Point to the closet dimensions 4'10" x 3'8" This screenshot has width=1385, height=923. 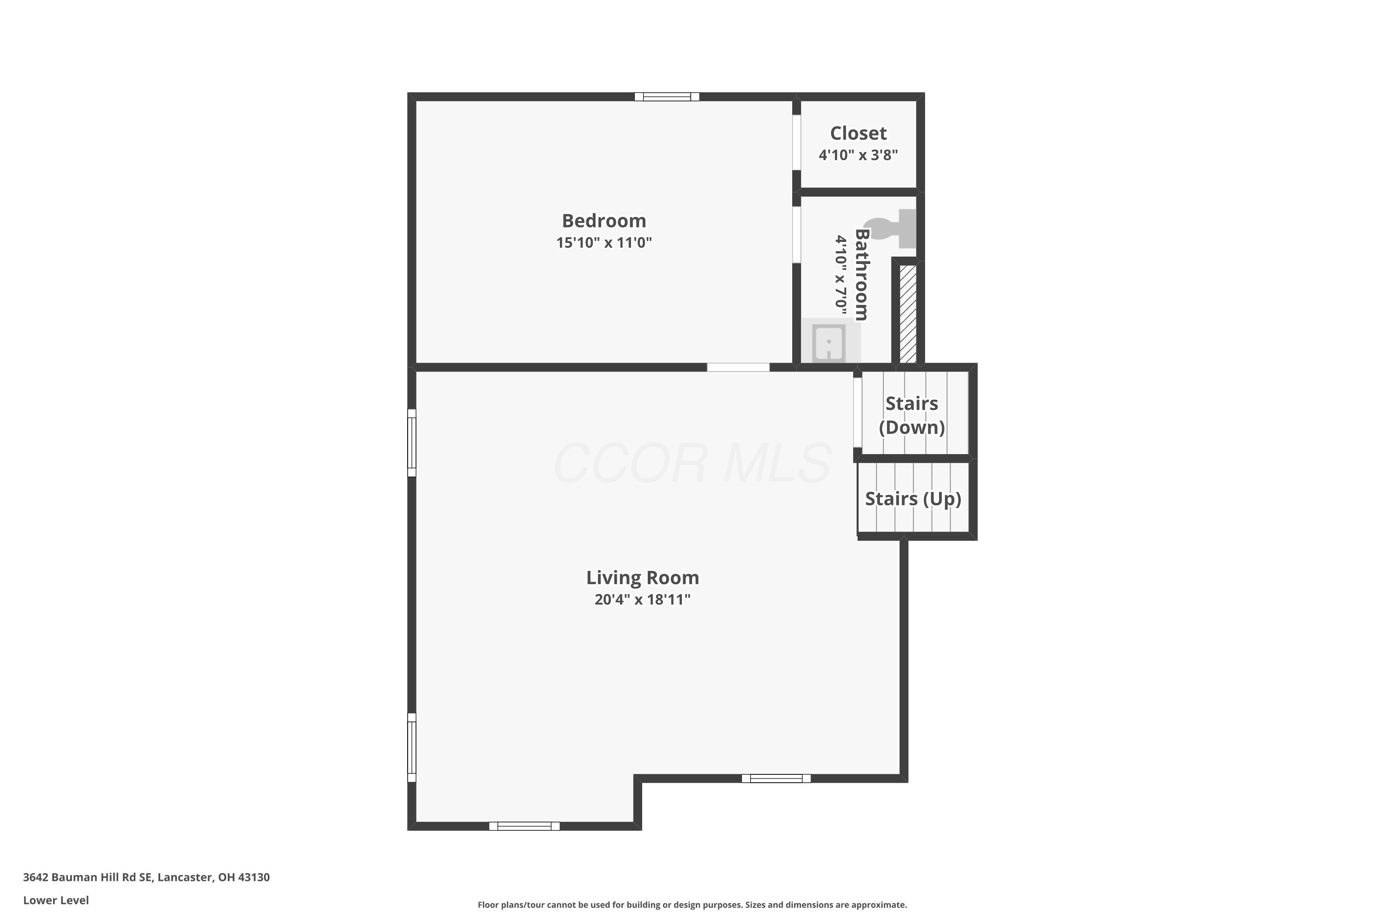pyautogui.click(x=858, y=155)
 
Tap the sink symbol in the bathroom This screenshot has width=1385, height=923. pyautogui.click(x=829, y=342)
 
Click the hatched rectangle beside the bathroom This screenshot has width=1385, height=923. pyautogui.click(x=908, y=314)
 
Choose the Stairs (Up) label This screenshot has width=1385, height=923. pyautogui.click(x=913, y=498)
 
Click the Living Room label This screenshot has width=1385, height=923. pyautogui.click(x=643, y=577)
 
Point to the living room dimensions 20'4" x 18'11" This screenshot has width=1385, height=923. pyautogui.click(x=643, y=599)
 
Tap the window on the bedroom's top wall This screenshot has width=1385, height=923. pyautogui.click(x=667, y=96)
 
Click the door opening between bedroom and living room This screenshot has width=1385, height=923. pyautogui.click(x=738, y=367)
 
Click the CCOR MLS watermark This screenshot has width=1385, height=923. pyautogui.click(x=692, y=463)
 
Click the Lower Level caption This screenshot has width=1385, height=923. pyautogui.click(x=56, y=900)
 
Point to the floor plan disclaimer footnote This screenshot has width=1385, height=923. pyautogui.click(x=692, y=905)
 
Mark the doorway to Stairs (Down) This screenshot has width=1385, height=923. pyautogui.click(x=857, y=412)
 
